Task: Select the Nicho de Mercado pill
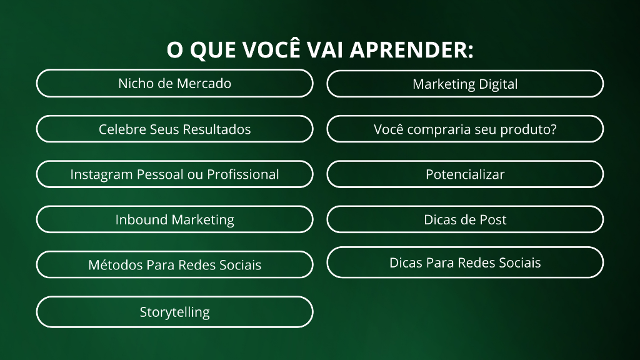pyautogui.click(x=175, y=83)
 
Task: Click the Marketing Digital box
pyautogui.click(x=465, y=84)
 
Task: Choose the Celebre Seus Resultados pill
pyautogui.click(x=175, y=129)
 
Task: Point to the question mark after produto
pyautogui.click(x=552, y=129)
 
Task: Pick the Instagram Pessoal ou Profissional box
pyautogui.click(x=175, y=174)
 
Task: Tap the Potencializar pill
pyautogui.click(x=465, y=174)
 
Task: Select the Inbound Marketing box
pyautogui.click(x=175, y=219)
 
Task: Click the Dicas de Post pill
pyautogui.click(x=465, y=219)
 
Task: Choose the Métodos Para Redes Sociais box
pyautogui.click(x=175, y=265)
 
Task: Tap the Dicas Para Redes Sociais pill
pyautogui.click(x=465, y=262)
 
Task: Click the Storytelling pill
pyautogui.click(x=175, y=312)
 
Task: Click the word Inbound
pyautogui.click(x=141, y=219)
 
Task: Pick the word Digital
pyautogui.click(x=498, y=84)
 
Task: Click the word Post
pyautogui.click(x=492, y=219)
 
